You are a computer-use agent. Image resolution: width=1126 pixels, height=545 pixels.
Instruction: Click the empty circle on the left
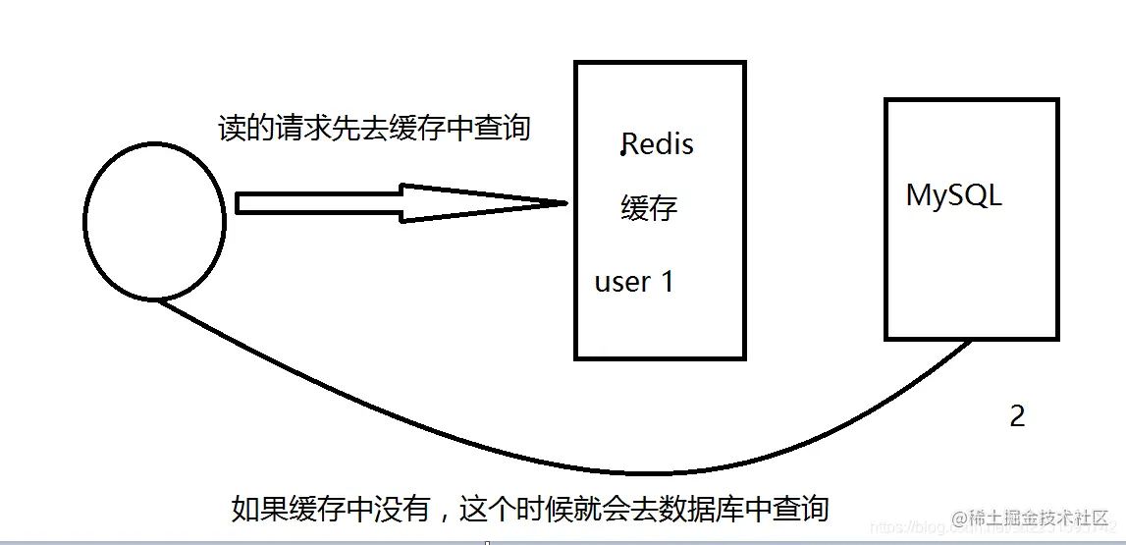point(155,223)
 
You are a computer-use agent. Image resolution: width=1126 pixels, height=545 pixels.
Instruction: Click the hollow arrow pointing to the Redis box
point(393,203)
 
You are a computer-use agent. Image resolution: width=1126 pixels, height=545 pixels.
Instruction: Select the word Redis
point(658,144)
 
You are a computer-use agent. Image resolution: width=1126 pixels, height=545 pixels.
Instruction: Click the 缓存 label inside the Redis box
point(649,208)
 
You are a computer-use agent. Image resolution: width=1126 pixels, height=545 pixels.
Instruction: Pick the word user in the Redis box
point(622,283)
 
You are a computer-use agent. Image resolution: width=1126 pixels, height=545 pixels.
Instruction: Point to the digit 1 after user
point(667,282)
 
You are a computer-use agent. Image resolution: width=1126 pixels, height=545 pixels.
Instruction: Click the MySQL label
point(953,195)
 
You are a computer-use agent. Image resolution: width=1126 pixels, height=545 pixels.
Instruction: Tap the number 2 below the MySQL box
point(1017,416)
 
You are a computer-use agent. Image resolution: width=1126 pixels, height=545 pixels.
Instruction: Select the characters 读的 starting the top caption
point(243,129)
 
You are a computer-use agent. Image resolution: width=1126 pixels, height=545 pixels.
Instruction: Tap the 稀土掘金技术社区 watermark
point(1045,518)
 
